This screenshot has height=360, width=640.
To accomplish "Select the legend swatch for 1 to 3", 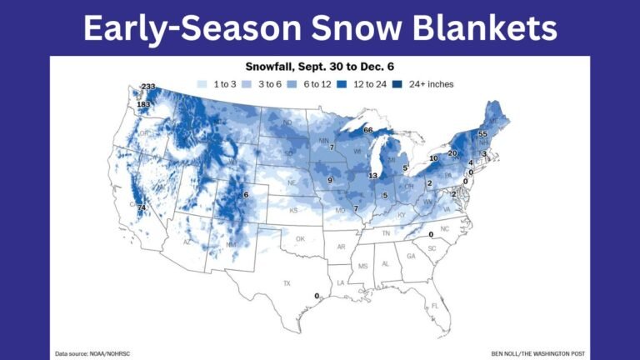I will pyautogui.click(x=202, y=84).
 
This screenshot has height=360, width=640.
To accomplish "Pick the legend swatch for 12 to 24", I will pyautogui.click(x=347, y=84).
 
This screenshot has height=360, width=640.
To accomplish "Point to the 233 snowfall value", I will pyautogui.click(x=149, y=87).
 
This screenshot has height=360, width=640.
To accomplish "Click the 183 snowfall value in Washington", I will pyautogui.click(x=143, y=104).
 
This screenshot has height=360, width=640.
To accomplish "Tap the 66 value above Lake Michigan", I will pyautogui.click(x=367, y=130).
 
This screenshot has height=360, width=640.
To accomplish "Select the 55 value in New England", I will pyautogui.click(x=482, y=134).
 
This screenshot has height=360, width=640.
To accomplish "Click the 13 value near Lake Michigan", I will pyautogui.click(x=372, y=176).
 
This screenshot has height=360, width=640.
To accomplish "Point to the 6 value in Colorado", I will pyautogui.click(x=246, y=195).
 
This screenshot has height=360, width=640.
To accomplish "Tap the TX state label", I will pyautogui.click(x=287, y=283).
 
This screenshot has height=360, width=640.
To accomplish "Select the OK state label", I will pyautogui.click(x=301, y=238).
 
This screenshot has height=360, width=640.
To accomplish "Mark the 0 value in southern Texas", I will pyautogui.click(x=317, y=296).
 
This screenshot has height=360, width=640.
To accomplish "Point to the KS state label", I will pyautogui.click(x=293, y=211).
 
